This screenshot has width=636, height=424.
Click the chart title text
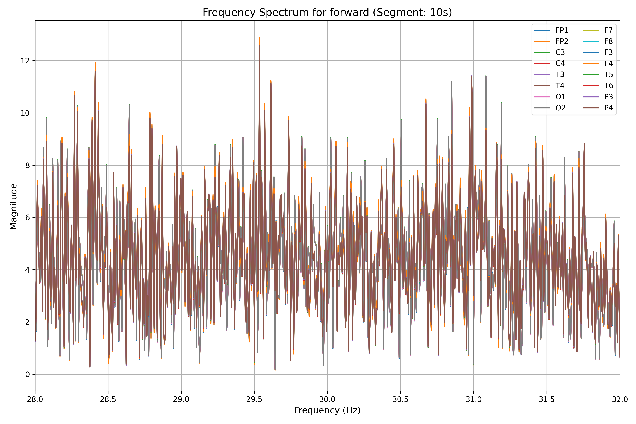click(327, 12)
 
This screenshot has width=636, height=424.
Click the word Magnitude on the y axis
click(14, 207)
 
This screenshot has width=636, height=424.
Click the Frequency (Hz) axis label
click(327, 410)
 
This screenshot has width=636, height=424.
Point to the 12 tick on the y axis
click(25, 61)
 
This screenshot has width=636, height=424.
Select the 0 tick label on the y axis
click(28, 375)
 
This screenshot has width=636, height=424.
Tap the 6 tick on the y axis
click(28, 218)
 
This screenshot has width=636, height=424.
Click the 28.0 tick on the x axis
click(35, 399)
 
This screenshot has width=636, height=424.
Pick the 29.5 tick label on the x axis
click(254, 399)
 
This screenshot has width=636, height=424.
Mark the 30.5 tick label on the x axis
click(401, 399)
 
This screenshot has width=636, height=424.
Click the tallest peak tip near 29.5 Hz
click(259, 37)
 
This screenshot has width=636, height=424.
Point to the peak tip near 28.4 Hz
click(95, 63)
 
